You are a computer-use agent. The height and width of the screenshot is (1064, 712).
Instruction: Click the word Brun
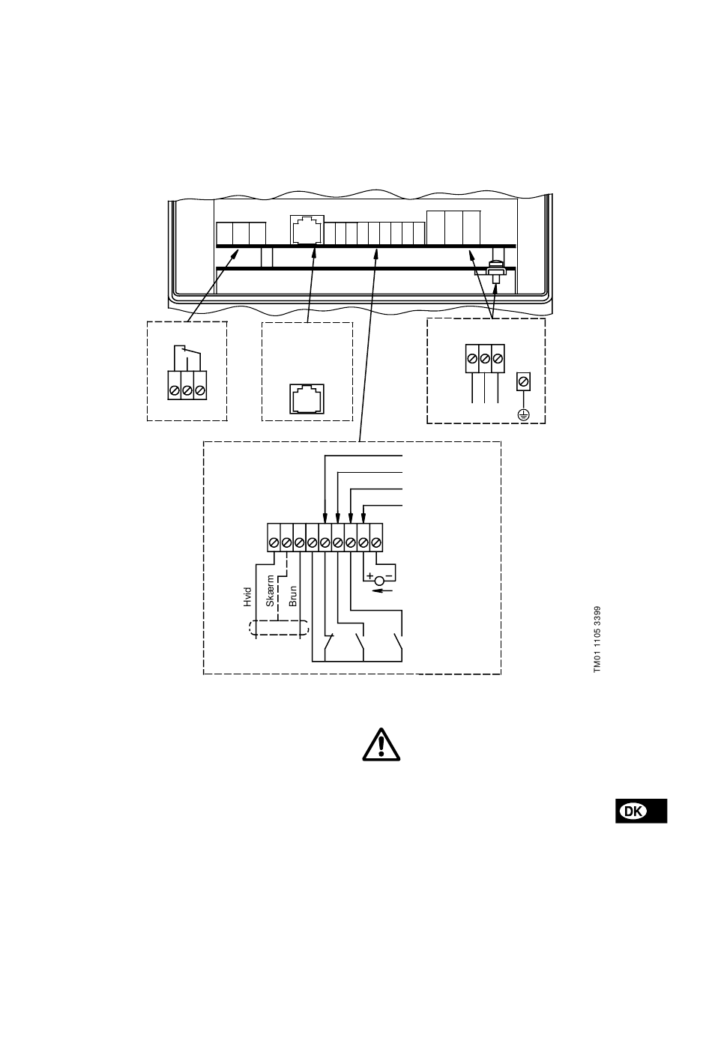point(293,595)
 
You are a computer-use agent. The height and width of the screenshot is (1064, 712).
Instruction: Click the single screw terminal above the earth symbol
point(524,382)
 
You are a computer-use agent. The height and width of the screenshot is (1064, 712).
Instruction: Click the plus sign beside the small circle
point(369,576)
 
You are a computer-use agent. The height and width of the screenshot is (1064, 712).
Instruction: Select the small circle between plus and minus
point(379,581)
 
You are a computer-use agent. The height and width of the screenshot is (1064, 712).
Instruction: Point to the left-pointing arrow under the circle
point(382,590)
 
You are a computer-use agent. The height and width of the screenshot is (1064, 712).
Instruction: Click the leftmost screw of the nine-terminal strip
point(274,542)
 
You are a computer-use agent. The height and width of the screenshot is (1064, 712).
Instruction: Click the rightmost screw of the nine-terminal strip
point(376,542)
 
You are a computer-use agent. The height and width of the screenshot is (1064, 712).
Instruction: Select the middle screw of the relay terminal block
point(187,390)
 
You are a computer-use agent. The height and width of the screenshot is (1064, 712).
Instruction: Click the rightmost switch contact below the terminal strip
point(397,642)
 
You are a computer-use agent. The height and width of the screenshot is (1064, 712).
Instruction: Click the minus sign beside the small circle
point(388,576)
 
